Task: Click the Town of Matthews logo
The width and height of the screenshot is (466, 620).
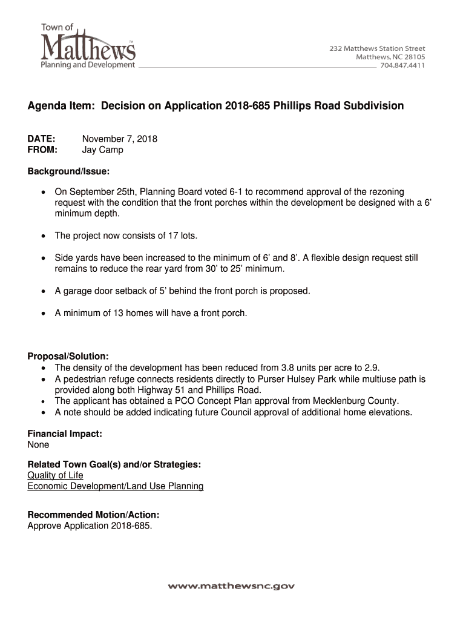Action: [87, 46]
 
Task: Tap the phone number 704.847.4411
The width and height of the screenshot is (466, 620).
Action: [402, 65]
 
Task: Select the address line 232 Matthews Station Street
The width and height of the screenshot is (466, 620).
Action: [377, 48]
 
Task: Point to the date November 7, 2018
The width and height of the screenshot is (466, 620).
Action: [120, 139]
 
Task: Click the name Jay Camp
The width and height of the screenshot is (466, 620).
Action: [103, 150]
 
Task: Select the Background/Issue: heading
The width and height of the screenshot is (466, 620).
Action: [68, 172]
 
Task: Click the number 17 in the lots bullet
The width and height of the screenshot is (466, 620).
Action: [159, 236]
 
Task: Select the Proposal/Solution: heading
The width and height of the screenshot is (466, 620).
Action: [68, 357]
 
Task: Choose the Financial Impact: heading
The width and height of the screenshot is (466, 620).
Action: [65, 434]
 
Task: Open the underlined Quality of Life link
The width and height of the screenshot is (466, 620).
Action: [56, 475]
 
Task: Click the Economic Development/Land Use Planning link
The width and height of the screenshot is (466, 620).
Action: [116, 486]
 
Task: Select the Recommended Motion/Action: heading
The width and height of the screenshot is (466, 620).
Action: [93, 515]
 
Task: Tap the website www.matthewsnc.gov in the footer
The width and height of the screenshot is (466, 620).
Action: [231, 586]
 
